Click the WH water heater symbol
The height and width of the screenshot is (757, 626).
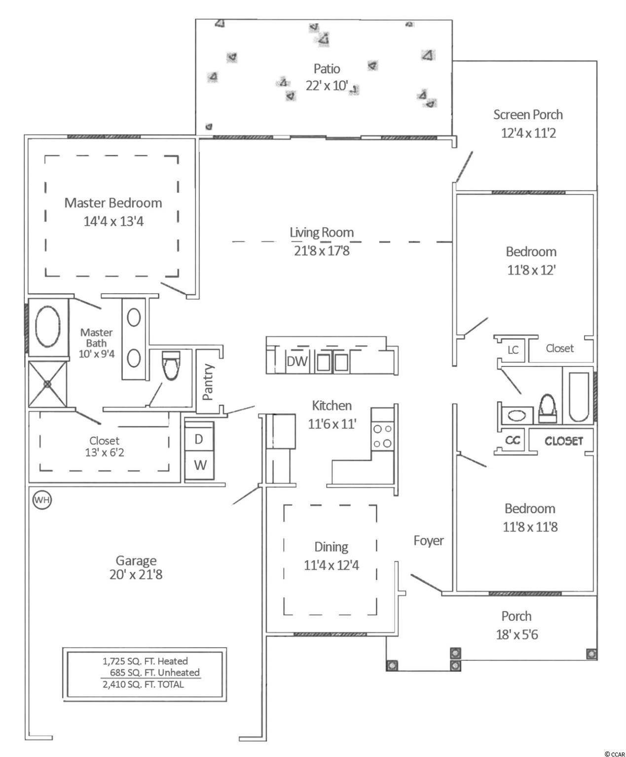42,500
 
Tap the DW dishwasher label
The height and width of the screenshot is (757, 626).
297,361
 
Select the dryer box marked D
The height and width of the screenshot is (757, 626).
199,440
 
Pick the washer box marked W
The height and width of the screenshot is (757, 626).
200,465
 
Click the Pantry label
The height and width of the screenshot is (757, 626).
208,382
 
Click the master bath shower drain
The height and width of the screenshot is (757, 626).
47,384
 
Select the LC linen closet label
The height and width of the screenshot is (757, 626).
513,350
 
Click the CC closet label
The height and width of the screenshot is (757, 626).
513,440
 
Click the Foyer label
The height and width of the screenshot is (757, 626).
429,541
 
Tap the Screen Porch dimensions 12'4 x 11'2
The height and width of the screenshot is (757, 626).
528,133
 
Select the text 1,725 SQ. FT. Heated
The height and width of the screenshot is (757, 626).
145,661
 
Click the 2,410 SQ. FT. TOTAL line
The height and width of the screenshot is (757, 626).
144,684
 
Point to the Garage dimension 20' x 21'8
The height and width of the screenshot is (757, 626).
136,574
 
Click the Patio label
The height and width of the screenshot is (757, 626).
327,69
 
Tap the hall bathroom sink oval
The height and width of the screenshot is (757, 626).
517,415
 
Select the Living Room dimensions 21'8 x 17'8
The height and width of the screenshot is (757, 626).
322,250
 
